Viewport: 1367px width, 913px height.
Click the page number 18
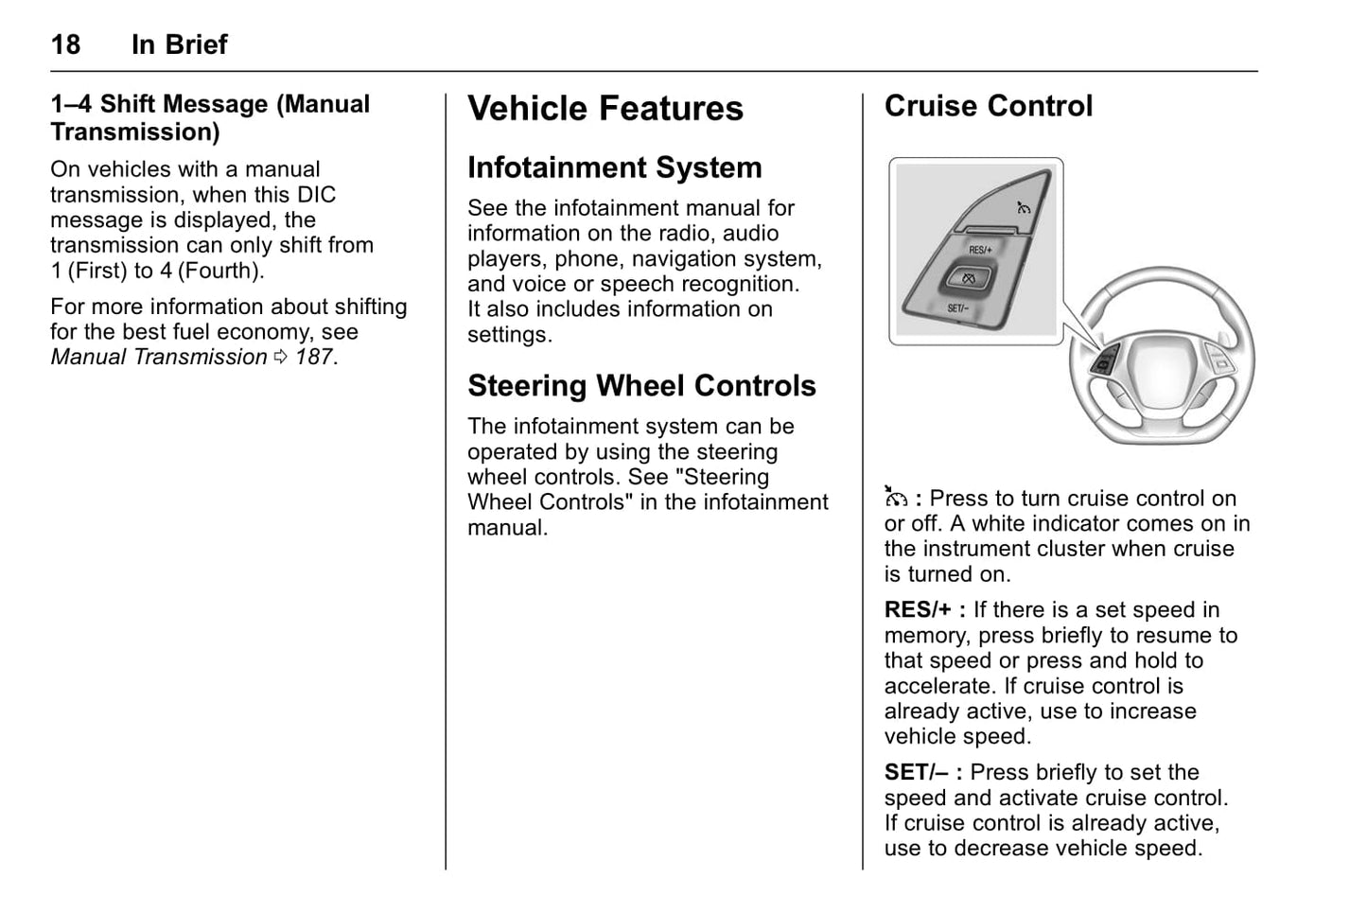[65, 44]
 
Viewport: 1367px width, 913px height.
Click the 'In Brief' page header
[179, 44]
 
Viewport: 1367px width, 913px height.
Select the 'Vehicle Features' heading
[605, 108]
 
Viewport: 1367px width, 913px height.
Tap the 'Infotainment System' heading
[614, 167]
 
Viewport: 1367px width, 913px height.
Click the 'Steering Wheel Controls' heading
[640, 386]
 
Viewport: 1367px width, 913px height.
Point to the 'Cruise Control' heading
[988, 106]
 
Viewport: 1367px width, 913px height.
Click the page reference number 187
[313, 357]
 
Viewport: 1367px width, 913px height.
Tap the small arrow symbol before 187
[280, 357]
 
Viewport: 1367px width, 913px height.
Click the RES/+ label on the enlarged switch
[980, 250]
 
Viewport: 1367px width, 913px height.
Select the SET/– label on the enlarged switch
[957, 308]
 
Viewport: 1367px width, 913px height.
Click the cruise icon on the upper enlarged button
[1023, 207]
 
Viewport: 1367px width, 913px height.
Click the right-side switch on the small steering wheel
[1219, 360]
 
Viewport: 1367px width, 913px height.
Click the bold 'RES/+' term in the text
[918, 610]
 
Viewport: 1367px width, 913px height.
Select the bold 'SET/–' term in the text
[916, 773]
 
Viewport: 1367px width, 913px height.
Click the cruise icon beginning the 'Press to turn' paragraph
[896, 498]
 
